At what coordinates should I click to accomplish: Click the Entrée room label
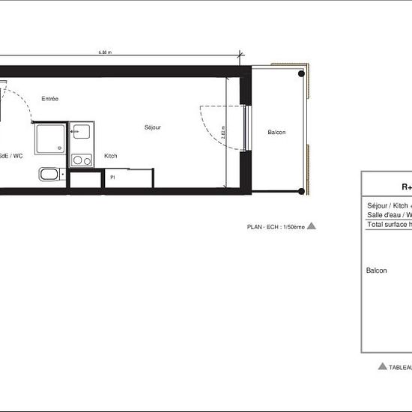(x=50, y=99)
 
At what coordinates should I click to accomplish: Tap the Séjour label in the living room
(x=153, y=127)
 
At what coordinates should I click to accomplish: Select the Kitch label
(x=111, y=156)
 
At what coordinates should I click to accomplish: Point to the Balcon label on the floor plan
(x=276, y=133)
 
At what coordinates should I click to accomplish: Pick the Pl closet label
(x=112, y=178)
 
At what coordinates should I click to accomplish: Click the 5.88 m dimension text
(x=104, y=52)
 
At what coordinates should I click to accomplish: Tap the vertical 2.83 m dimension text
(x=224, y=136)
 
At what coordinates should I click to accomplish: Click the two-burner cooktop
(x=81, y=160)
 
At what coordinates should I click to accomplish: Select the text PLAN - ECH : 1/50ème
(x=275, y=226)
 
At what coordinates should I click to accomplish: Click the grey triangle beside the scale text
(x=312, y=225)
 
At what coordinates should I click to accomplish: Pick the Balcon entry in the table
(x=377, y=270)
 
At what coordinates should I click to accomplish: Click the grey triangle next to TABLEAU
(x=383, y=366)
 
